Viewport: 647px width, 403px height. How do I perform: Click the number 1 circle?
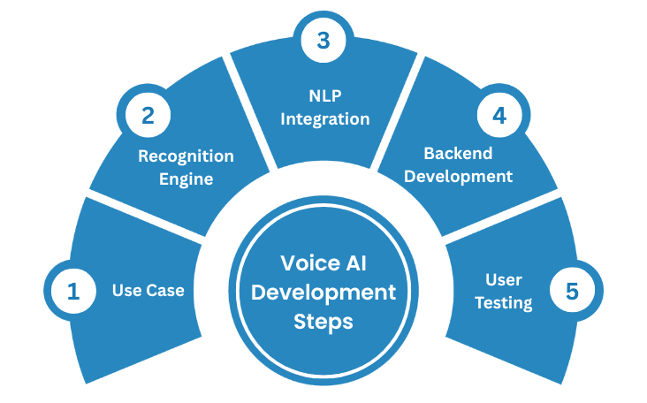tap(73, 291)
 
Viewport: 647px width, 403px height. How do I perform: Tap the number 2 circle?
tap(146, 116)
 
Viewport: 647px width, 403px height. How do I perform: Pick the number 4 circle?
tap(499, 116)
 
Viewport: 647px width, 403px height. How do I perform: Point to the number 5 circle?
tap(574, 291)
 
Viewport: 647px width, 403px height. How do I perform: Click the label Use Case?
tap(148, 290)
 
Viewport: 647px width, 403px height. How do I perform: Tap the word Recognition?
tap(186, 156)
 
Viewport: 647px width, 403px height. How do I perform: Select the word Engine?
tap(186, 179)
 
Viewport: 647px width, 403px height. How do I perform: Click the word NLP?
tap(324, 96)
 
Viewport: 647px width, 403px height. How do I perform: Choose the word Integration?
tap(324, 118)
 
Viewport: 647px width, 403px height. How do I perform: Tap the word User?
tap(504, 280)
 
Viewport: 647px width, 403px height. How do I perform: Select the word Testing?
tap(504, 302)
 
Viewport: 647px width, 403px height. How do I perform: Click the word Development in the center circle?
tap(323, 292)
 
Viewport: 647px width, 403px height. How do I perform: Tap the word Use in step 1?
tap(126, 290)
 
